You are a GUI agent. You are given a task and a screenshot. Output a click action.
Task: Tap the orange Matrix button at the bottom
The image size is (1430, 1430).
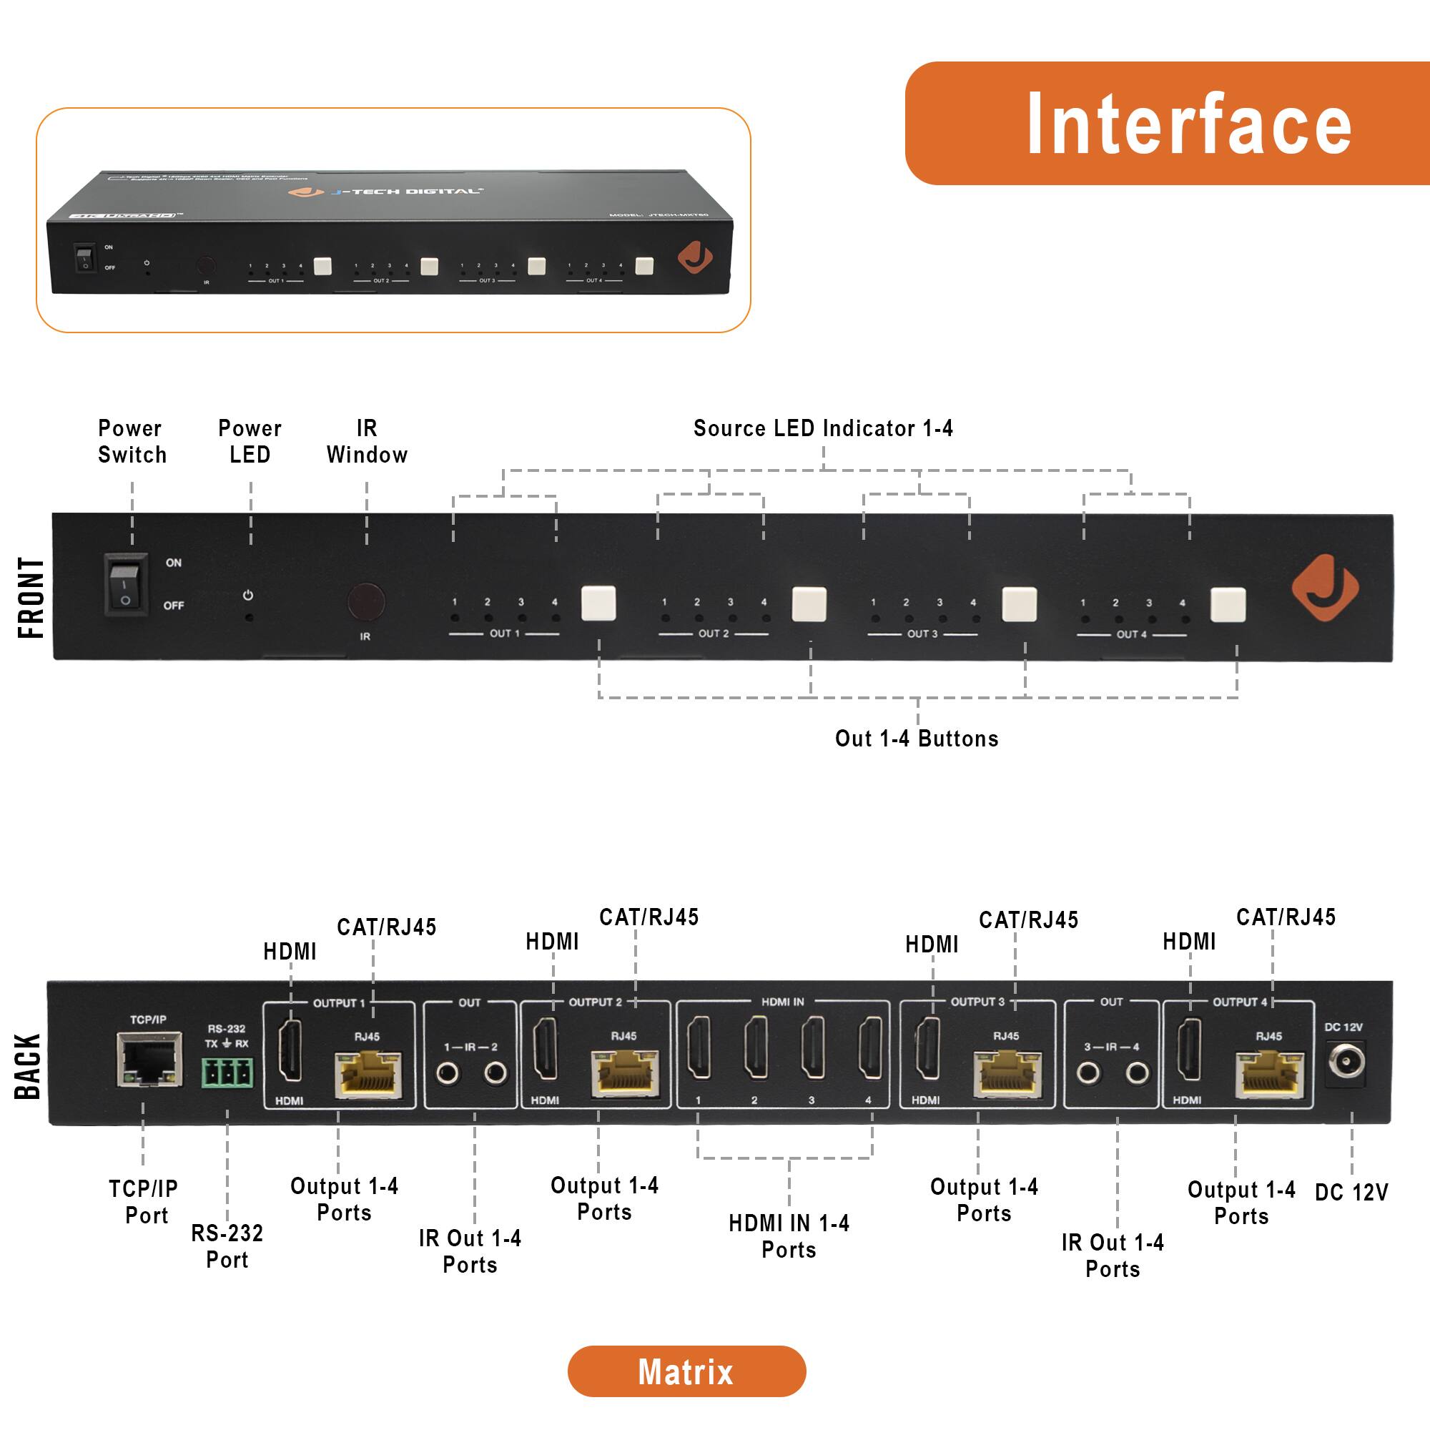coord(686,1371)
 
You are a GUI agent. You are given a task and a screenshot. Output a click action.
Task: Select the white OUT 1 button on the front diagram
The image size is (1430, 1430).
coord(598,603)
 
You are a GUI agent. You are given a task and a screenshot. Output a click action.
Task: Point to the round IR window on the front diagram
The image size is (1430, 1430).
coord(365,601)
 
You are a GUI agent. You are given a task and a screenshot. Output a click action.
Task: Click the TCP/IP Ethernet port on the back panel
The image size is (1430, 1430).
coord(149,1060)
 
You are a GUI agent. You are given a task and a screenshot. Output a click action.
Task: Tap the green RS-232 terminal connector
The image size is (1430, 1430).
coord(227,1072)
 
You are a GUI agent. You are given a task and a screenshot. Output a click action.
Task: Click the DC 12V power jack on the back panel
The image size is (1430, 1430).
coord(1345,1063)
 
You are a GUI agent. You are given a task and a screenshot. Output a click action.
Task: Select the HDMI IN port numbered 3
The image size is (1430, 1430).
coord(813,1048)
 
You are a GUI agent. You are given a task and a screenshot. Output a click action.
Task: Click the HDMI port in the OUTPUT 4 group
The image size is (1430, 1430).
coord(1190,1050)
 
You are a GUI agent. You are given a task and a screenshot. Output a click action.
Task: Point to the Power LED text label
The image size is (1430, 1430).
coord(250,441)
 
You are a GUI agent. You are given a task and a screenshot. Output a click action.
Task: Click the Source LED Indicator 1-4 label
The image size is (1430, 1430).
coord(823,428)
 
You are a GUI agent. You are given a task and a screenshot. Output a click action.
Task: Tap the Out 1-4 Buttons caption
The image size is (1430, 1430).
coord(917,739)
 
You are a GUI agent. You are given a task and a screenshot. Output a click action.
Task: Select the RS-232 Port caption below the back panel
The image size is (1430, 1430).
coord(227,1246)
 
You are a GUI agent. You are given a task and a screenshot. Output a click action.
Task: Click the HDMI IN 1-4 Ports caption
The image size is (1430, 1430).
coord(789,1236)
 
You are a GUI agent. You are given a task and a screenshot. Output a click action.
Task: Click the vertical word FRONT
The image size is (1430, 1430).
coord(31,598)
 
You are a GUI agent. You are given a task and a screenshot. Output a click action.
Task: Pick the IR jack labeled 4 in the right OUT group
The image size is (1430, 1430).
coord(1137,1072)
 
